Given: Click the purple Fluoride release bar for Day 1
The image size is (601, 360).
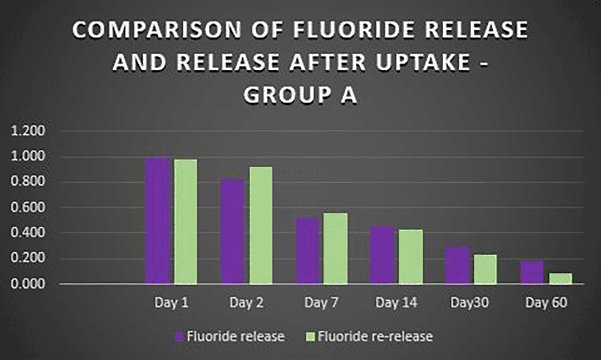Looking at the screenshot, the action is pos(158,221).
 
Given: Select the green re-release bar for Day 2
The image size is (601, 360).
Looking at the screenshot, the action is pos(261,225).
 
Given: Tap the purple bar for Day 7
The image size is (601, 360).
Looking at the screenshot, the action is pos(307,251).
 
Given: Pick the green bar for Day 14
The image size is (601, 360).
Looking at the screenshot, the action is pos(411,257).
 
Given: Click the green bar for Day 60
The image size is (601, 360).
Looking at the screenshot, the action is pos(561,279).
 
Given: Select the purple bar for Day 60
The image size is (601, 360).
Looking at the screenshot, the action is pos(532,272).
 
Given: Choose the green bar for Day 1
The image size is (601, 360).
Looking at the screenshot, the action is pos(186,222).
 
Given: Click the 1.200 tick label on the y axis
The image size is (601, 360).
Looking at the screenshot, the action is pos(28,131).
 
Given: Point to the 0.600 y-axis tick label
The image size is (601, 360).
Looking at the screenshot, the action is pos(28,207).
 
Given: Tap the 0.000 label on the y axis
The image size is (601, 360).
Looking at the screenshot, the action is pos(28,284).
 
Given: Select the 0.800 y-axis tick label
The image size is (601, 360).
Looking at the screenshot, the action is pos(28,181).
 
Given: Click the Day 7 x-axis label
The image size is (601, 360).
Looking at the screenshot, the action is pos(321,303).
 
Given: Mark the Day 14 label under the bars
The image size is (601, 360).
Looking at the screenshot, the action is pos(397,303).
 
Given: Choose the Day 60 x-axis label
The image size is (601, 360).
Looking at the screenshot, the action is pos(546,303).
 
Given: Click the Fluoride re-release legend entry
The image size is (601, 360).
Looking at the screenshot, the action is pos(369,336).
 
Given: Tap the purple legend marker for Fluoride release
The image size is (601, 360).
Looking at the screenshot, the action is pos(179,337).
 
